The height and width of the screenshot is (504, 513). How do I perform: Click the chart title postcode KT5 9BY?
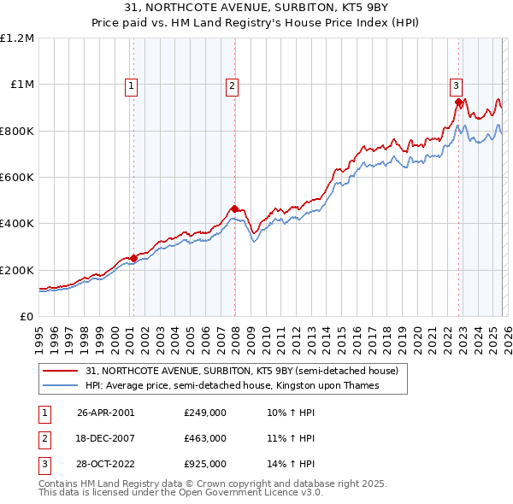pyautogui.click(x=364, y=8)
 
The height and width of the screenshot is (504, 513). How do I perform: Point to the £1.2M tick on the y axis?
pyautogui.click(x=17, y=38)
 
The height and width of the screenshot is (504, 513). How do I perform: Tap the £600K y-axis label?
pyautogui.click(x=17, y=178)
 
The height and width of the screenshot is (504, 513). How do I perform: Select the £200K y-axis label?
pyautogui.click(x=17, y=270)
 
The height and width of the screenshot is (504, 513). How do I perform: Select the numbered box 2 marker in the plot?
pyautogui.click(x=232, y=85)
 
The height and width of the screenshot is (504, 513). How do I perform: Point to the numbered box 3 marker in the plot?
pyautogui.click(x=457, y=85)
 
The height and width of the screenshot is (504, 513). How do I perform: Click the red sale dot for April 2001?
pyautogui.click(x=133, y=259)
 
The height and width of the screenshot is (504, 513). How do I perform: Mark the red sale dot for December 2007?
pyautogui.click(x=234, y=208)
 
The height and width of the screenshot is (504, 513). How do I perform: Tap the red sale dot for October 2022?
pyautogui.click(x=459, y=102)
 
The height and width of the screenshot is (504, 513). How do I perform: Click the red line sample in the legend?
pyautogui.click(x=62, y=372)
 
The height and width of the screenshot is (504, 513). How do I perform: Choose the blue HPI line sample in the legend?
pyautogui.click(x=62, y=386)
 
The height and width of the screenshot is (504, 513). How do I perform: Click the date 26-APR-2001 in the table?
pyautogui.click(x=105, y=413)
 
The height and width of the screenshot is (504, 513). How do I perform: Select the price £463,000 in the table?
pyautogui.click(x=205, y=438)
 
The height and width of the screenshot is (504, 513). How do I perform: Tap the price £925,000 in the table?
pyautogui.click(x=205, y=464)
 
